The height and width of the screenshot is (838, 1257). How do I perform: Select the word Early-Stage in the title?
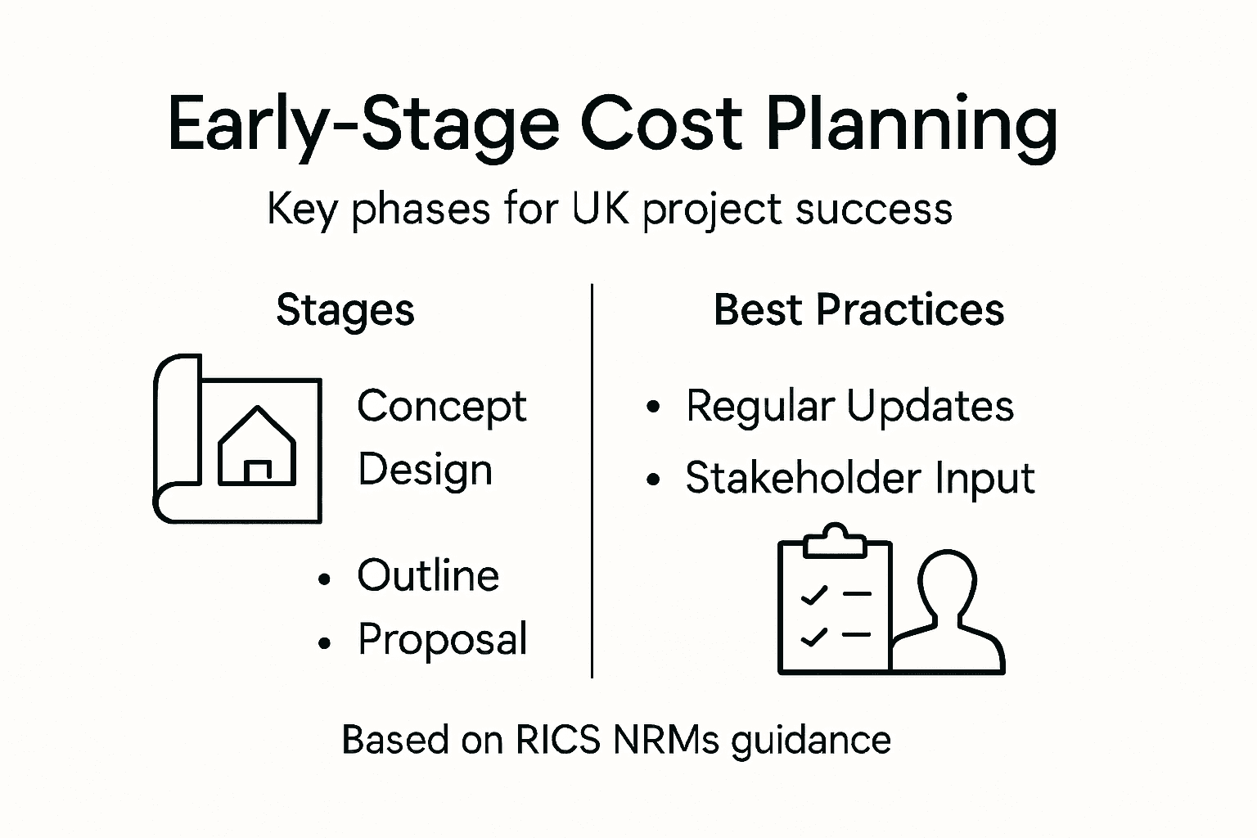tap(363, 124)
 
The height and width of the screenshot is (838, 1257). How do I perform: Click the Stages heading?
tap(345, 310)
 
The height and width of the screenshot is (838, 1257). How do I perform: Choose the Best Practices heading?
tap(858, 310)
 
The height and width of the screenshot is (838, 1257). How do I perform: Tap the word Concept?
tap(442, 407)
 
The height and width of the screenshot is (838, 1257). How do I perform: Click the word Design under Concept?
tap(425, 471)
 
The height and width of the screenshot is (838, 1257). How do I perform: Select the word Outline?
tap(428, 575)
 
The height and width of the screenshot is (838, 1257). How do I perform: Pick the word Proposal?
tap(443, 640)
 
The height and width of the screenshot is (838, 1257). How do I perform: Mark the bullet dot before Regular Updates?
tap(653, 407)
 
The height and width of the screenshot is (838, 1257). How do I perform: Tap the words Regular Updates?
tap(849, 406)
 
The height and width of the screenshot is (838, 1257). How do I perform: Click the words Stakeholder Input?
tap(860, 478)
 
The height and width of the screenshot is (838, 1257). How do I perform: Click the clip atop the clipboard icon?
tap(834, 541)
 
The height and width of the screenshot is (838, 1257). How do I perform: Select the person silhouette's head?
tap(948, 577)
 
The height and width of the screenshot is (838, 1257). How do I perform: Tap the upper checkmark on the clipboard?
tap(813, 595)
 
